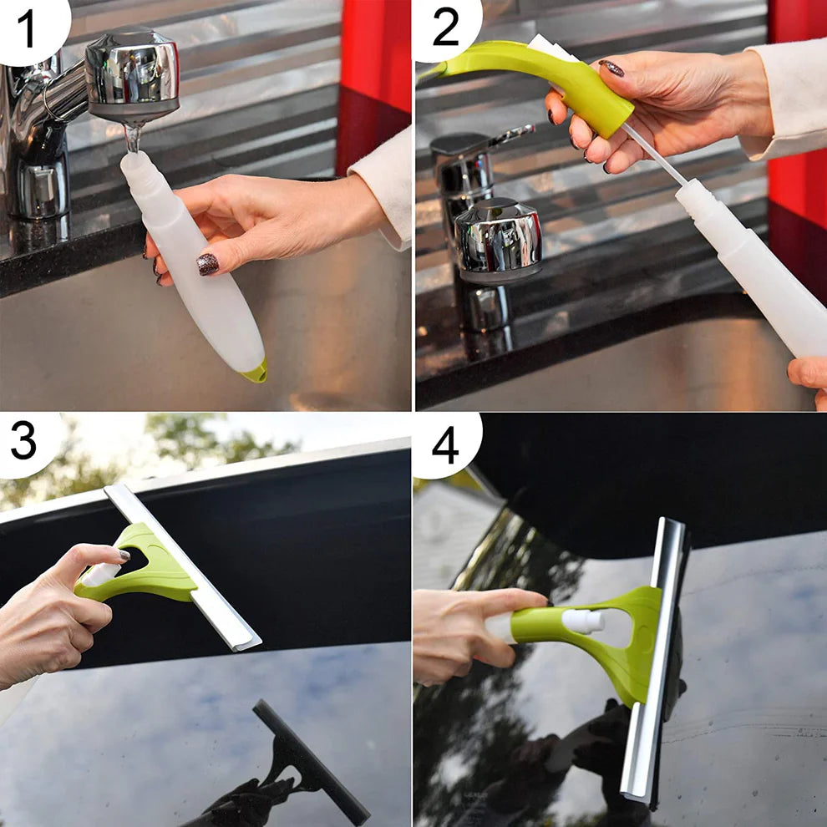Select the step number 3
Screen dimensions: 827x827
click(23, 441)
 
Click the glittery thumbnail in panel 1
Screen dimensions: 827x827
click(207, 264)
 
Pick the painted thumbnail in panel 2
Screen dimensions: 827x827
click(611, 68)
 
